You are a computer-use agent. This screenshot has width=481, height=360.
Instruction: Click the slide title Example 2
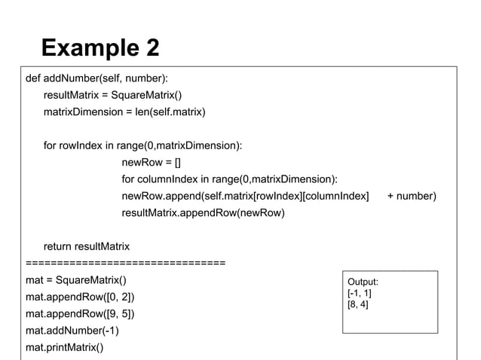[x=100, y=49]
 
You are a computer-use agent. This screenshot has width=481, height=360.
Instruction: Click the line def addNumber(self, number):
[x=97, y=78]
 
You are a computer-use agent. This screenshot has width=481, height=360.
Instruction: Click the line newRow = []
[x=152, y=162]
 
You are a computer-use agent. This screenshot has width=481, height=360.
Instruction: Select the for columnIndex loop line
[x=229, y=179]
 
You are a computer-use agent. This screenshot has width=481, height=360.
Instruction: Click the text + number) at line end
[x=411, y=196]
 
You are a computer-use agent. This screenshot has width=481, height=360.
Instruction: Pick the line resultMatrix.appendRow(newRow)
[x=203, y=213]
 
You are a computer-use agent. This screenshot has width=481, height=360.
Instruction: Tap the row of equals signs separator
[x=125, y=263]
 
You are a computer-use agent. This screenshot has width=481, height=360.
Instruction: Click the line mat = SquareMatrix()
[x=76, y=280]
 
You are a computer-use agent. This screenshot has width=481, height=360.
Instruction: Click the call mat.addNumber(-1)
[x=72, y=331]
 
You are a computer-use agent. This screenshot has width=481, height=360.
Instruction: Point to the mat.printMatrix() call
[x=64, y=347]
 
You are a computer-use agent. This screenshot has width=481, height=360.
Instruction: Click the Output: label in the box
[x=363, y=282]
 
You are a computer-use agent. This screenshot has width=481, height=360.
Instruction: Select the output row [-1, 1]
[x=359, y=294]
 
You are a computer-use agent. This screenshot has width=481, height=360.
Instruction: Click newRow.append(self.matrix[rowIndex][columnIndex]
[x=245, y=196]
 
